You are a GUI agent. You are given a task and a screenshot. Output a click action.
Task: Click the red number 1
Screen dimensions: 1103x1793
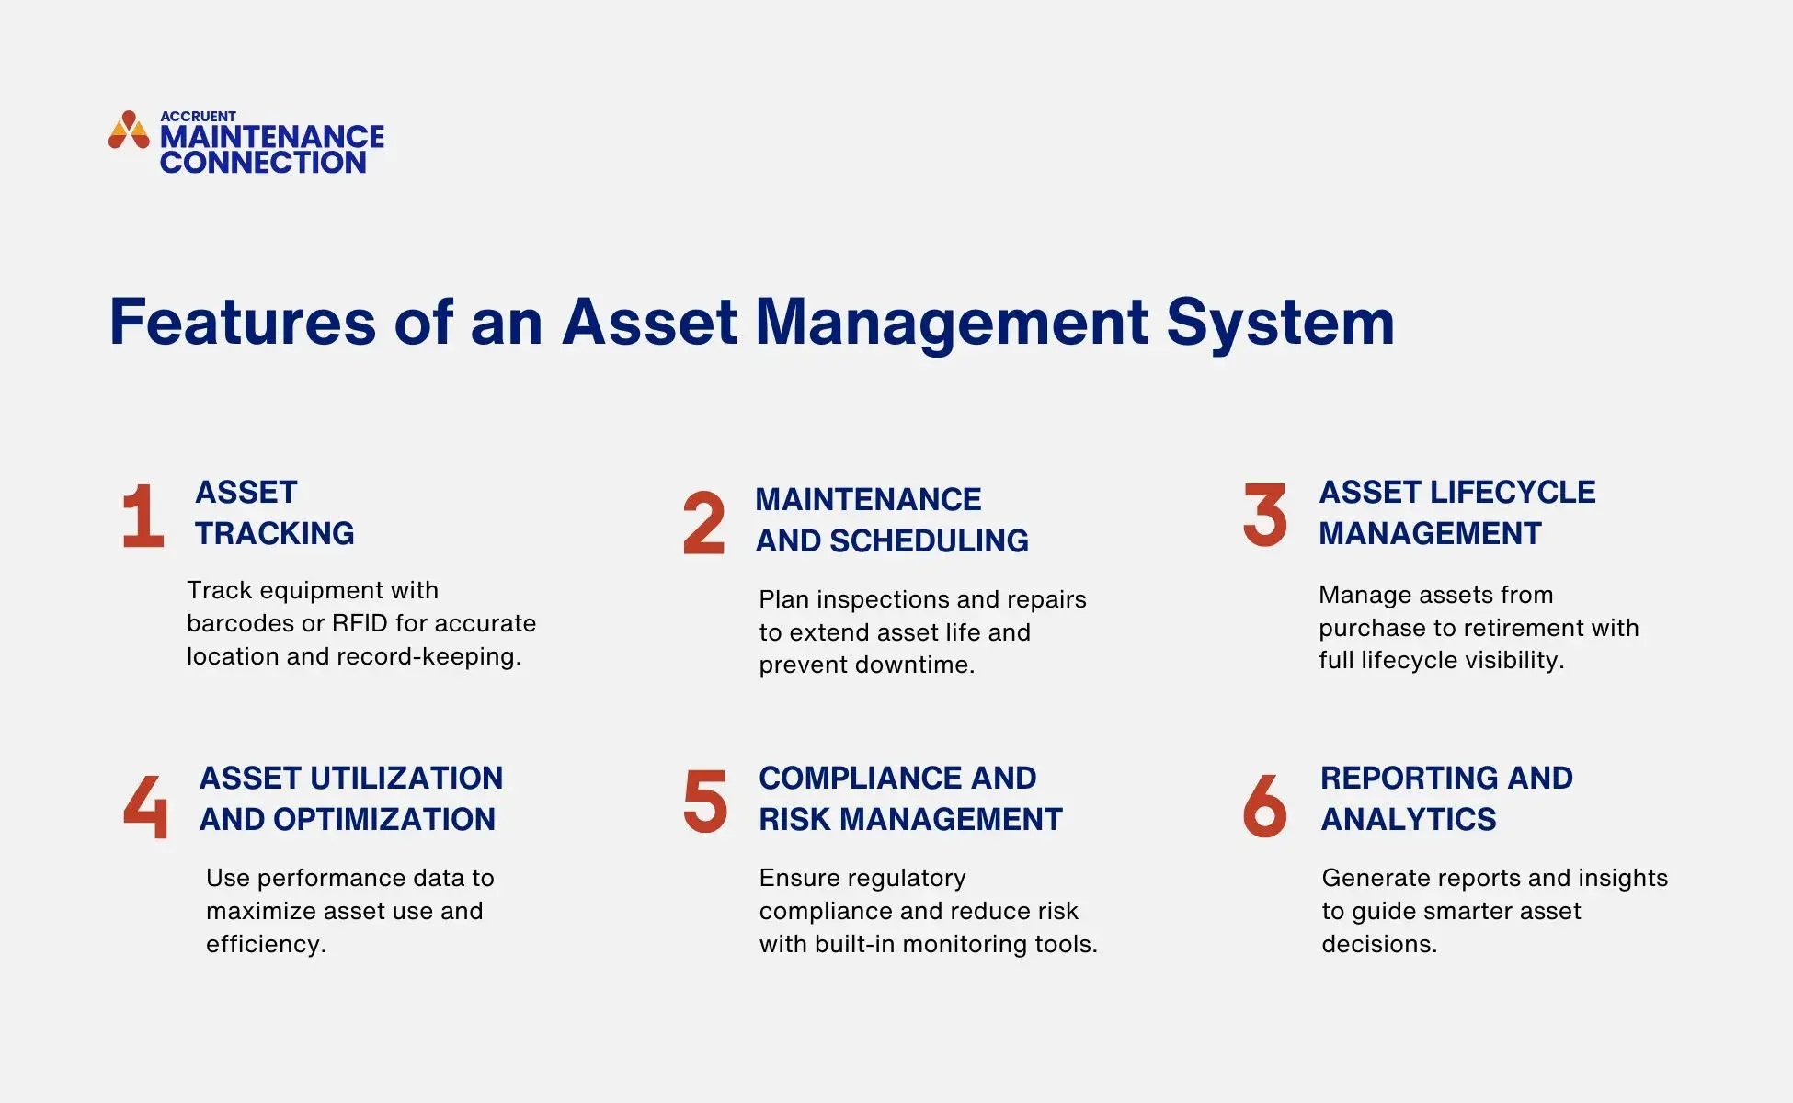[x=143, y=516]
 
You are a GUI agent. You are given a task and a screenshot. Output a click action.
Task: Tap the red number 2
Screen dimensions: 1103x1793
[x=704, y=523]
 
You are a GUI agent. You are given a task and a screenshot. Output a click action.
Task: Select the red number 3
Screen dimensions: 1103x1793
[x=1264, y=515]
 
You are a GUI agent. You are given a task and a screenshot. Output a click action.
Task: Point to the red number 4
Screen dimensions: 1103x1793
[x=146, y=805]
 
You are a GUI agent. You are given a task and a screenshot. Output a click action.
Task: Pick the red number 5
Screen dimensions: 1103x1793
[x=705, y=801]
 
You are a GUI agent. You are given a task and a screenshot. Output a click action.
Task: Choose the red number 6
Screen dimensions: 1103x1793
[x=1264, y=805]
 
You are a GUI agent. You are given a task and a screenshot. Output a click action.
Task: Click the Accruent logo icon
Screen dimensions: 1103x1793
[x=129, y=131]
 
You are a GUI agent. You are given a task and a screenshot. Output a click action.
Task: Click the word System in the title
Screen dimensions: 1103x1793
[x=1280, y=323]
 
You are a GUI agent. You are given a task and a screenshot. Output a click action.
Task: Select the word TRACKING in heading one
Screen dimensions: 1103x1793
[x=274, y=533]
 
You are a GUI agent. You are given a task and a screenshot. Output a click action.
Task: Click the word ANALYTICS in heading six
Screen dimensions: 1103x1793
[x=1408, y=819]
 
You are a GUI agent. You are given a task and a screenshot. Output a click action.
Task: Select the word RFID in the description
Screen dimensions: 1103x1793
[x=360, y=623]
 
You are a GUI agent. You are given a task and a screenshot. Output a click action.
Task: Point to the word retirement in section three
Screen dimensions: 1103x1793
[x=1526, y=628]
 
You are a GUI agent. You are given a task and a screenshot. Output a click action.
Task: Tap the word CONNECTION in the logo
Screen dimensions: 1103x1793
[x=263, y=163]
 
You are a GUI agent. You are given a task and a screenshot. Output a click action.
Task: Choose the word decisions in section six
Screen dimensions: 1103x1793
[x=1378, y=944]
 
